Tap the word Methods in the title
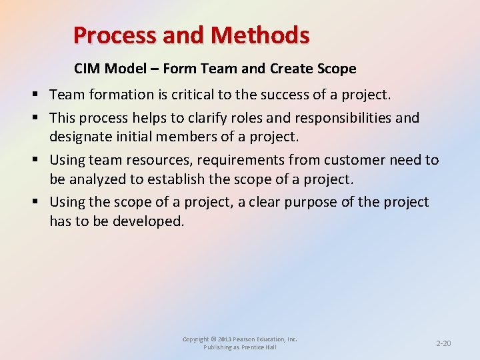click(267, 35)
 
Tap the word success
click(283, 95)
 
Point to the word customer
click(350, 160)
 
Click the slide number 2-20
click(443, 343)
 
